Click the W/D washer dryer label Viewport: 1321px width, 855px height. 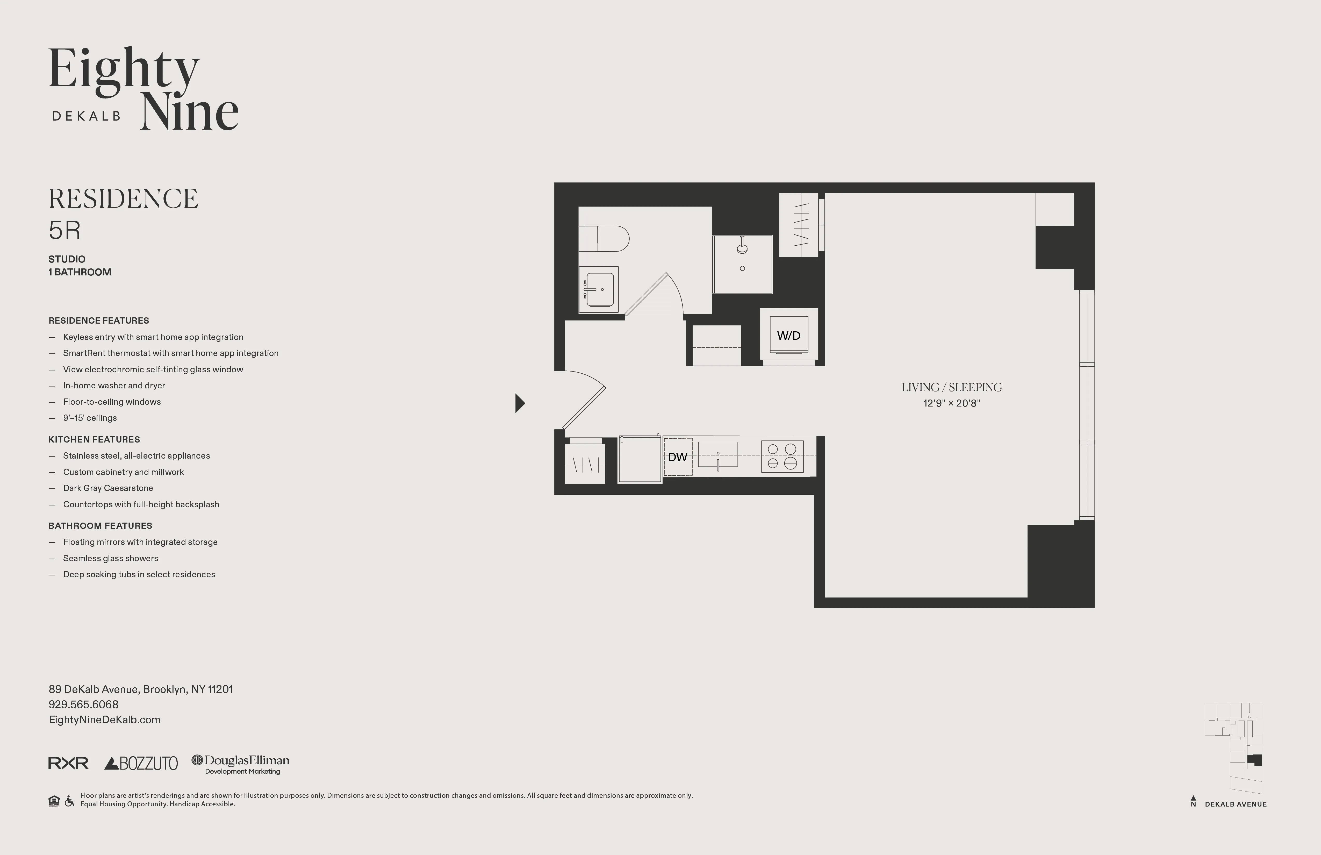pyautogui.click(x=788, y=335)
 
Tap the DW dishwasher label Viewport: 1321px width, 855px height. pyautogui.click(x=677, y=457)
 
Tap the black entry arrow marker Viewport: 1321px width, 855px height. pyautogui.click(x=520, y=403)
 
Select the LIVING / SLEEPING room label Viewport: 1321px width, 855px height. pyautogui.click(x=951, y=388)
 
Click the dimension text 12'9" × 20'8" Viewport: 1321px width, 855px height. pyautogui.click(x=951, y=404)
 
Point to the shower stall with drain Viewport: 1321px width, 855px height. pyautogui.click(x=742, y=264)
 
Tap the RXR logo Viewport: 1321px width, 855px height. pyautogui.click(x=68, y=763)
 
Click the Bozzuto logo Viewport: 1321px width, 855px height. pyautogui.click(x=141, y=763)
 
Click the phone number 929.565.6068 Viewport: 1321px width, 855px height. pyautogui.click(x=83, y=704)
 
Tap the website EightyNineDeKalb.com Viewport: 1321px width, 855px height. pyautogui.click(x=104, y=719)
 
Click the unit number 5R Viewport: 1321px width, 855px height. pyautogui.click(x=64, y=230)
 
